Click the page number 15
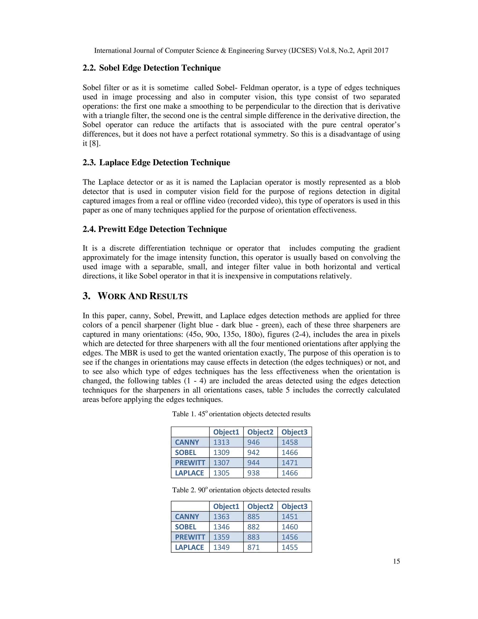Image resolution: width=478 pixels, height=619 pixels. point(396,561)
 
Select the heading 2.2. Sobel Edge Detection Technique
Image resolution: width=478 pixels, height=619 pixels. point(151,68)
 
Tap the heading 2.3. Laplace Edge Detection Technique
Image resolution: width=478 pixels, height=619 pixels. point(156,162)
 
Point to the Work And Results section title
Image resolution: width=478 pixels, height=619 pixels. point(135,296)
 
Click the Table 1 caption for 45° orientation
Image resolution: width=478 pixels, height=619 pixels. point(241,414)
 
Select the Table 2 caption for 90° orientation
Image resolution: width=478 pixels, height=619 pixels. point(241,490)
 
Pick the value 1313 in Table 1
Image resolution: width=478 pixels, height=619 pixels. point(221,442)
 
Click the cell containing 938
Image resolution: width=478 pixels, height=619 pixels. point(253,473)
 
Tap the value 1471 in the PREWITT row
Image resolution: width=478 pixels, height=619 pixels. point(290,463)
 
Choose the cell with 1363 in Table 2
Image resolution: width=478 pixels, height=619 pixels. point(221,517)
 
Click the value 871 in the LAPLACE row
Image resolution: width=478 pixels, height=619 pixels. point(253,547)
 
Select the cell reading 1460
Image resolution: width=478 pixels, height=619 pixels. point(290,527)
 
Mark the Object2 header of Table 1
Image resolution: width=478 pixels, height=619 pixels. point(260,432)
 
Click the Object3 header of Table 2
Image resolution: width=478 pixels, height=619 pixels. point(294,506)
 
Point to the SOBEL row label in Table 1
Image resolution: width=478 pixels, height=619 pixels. point(186,453)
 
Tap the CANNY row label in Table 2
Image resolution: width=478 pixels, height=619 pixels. point(187,517)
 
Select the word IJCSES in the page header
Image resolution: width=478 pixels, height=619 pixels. point(302,51)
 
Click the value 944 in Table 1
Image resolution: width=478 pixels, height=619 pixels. point(253,463)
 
